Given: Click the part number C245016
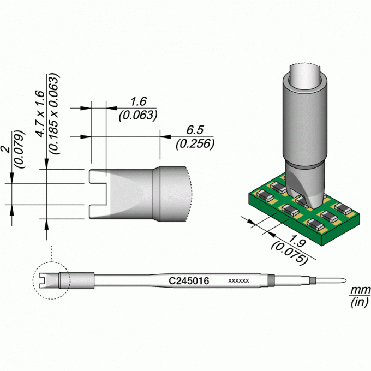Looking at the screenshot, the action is point(189,281).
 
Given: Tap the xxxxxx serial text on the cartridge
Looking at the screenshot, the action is point(238,280).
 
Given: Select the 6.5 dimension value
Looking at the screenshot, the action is point(195,130).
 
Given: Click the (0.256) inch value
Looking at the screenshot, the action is point(195,144).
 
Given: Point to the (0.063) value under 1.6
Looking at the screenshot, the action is point(138,116).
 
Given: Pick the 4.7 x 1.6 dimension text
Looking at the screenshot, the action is point(40,113).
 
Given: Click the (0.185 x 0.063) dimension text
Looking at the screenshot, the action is point(53,113).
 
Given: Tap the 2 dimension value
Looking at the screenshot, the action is point(7,149).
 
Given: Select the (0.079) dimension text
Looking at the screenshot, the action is point(20,149).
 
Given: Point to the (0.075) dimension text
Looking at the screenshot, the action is point(290,253).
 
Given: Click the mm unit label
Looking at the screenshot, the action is point(360,289).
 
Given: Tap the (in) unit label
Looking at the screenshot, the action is point(360,302).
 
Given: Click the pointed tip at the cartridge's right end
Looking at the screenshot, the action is point(346,280).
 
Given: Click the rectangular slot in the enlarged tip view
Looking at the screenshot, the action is point(99,194).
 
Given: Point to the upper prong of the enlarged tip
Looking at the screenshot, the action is point(98,176).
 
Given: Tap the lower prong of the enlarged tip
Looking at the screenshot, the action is point(98,212).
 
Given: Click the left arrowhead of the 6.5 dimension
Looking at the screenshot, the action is point(86,137).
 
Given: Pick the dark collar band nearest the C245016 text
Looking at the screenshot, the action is point(271,280).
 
